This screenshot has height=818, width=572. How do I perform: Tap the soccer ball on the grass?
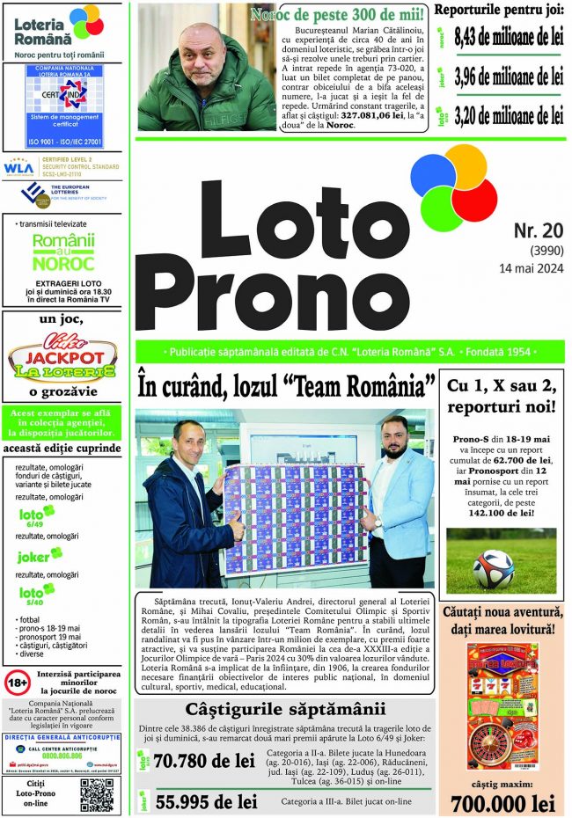tap(492, 568)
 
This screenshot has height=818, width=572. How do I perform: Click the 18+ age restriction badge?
tap(17, 683)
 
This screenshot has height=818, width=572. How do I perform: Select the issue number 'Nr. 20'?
tap(538, 230)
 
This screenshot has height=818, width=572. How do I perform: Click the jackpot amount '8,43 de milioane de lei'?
tap(509, 38)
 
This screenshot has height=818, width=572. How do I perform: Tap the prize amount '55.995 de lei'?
tap(206, 802)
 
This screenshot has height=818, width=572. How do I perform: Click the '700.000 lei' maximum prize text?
tap(502, 803)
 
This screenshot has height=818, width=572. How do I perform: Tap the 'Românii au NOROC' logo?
tap(62, 252)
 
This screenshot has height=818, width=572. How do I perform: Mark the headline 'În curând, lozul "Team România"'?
tap(287, 386)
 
